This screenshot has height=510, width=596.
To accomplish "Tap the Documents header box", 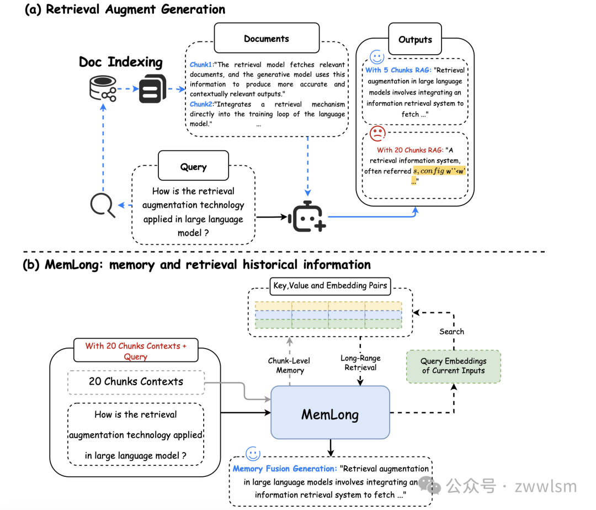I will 267,39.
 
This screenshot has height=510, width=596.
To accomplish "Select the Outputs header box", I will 415,39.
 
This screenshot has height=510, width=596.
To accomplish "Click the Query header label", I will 193,166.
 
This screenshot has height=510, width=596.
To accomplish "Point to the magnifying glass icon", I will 103,206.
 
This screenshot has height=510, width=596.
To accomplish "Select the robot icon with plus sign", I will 307,217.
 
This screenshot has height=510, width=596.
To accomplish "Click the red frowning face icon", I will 377,133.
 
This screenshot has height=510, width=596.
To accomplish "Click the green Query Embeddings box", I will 453,366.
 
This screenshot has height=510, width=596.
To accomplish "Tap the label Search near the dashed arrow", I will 451,332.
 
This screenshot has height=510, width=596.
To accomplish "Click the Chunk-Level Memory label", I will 290,365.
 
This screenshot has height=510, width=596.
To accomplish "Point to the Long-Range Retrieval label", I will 360,362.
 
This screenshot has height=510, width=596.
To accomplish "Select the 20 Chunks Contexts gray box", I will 136,381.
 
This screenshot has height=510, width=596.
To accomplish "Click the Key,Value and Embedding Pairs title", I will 331,286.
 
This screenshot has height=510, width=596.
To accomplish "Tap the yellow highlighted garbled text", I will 439,171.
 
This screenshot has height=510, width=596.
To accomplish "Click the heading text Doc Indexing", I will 121,62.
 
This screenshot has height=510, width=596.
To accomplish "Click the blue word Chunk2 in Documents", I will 201,104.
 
